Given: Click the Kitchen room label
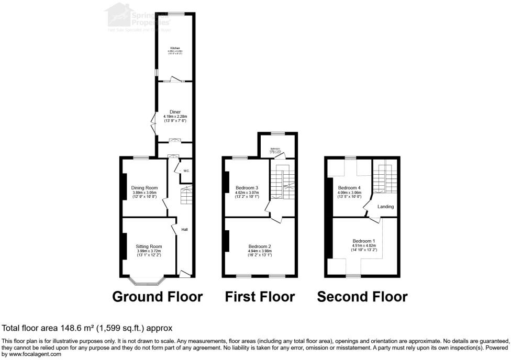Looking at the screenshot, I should [x=175, y=48].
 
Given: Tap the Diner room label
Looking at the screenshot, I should [x=175, y=111].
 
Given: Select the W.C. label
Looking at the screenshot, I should [x=185, y=171].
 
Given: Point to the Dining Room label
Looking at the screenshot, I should [x=145, y=188].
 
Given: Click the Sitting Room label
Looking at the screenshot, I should [x=149, y=246].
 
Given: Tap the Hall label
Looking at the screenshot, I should [x=185, y=229].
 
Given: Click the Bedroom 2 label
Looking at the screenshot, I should [x=260, y=246].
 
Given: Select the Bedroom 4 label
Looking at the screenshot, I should [x=349, y=188].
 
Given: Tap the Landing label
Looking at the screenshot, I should [x=385, y=207].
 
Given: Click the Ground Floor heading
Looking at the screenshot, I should [x=158, y=297].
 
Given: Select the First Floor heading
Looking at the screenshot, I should [x=260, y=297].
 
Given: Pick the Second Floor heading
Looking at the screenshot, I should [x=362, y=297].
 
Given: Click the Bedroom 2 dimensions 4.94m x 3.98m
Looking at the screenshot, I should [x=260, y=251].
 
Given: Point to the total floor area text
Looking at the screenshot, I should [x=87, y=329].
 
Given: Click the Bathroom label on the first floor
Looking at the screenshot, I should [x=276, y=149].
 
